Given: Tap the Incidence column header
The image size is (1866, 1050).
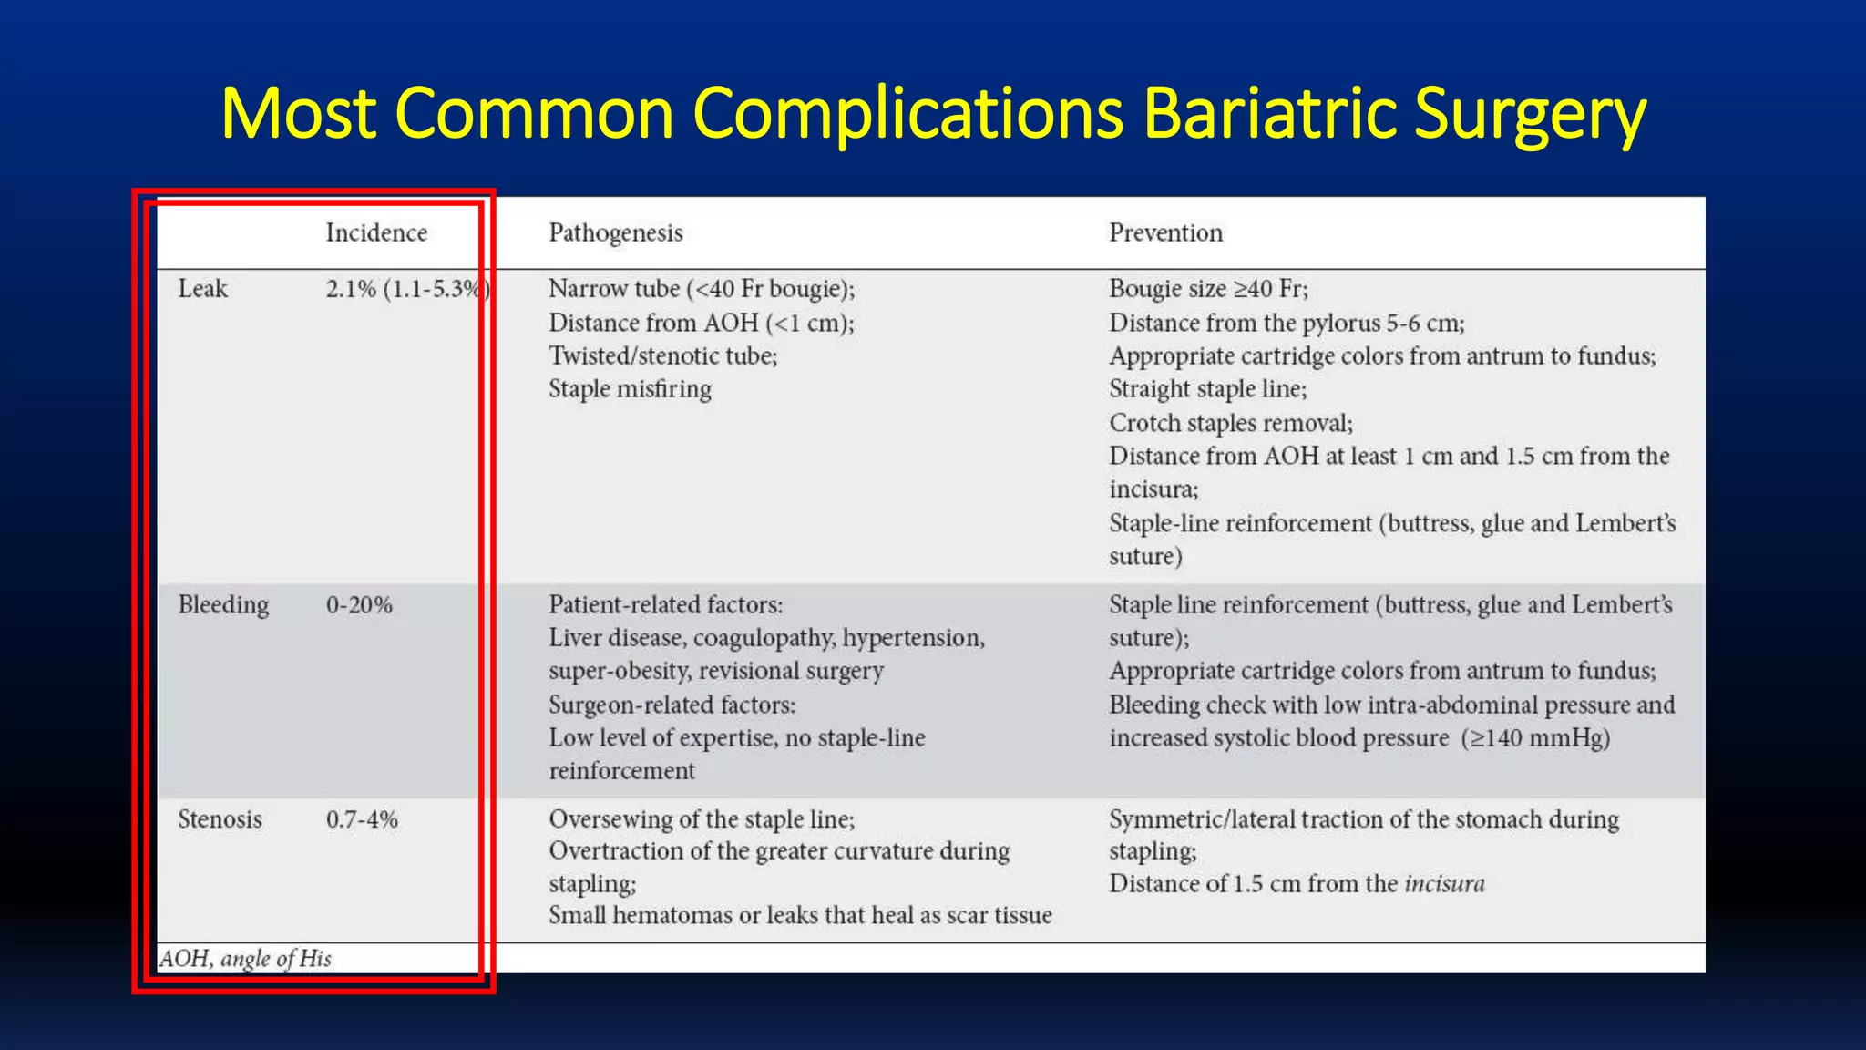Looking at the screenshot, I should [376, 232].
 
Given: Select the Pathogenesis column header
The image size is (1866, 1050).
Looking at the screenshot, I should [615, 232].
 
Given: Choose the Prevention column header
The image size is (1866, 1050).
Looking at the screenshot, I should [1165, 232].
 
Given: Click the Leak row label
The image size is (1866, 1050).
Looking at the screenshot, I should [202, 289].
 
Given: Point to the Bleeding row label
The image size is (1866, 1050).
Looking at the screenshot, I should [223, 605].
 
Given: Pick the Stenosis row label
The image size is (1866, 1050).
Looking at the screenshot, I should [220, 819].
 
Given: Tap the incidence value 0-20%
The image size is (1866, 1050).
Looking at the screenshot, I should [359, 605].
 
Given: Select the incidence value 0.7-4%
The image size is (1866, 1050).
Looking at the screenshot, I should [362, 819].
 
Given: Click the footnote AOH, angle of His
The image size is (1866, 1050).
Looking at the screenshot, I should [245, 959].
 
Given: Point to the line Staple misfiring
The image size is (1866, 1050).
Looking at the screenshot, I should [630, 389].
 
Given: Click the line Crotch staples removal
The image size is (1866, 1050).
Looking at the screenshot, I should [1230, 423].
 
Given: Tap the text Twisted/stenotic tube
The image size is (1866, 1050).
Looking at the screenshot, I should [662, 355].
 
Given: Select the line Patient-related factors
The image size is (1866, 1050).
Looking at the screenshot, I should [665, 605].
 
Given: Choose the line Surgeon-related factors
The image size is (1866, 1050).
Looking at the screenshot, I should [672, 705].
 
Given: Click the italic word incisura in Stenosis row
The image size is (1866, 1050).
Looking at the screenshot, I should [1444, 884].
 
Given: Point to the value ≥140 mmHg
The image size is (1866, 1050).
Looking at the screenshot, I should [1536, 738].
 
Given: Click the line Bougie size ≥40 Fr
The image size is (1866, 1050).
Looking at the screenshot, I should [1208, 289].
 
